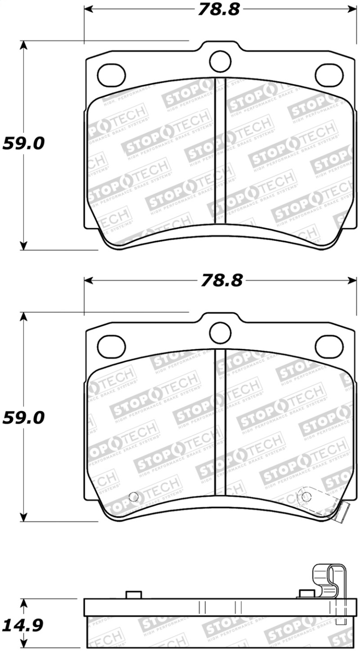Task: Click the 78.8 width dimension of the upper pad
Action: click(x=220, y=9)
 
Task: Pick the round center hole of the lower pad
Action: click(x=220, y=332)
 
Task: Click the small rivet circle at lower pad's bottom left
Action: click(x=133, y=497)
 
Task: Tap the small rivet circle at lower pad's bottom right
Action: click(x=306, y=496)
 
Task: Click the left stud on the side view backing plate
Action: click(x=132, y=595)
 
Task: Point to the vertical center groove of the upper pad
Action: click(x=220, y=151)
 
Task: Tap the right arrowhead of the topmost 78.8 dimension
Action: click(x=351, y=9)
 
